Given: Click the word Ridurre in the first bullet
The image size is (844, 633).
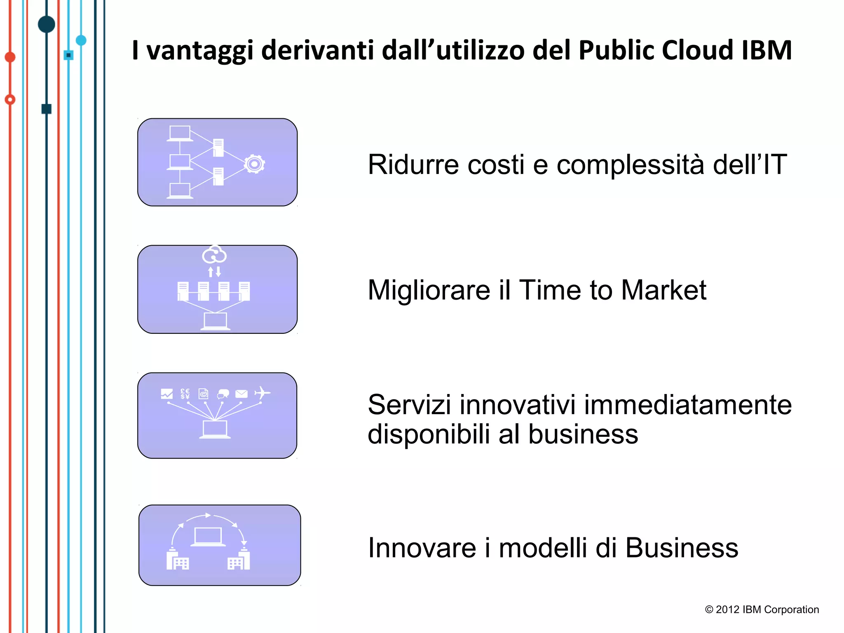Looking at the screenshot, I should [413, 164].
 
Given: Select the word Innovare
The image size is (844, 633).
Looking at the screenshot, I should [422, 548].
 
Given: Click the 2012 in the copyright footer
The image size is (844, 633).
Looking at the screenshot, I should [728, 610].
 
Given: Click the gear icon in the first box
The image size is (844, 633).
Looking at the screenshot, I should [254, 164].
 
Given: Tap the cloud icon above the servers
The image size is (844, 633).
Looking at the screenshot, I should [214, 254].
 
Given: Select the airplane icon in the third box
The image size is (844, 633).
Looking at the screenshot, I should [262, 393].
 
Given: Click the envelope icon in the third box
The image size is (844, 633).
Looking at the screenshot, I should [241, 394].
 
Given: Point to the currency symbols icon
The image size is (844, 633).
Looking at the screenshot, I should [185, 394].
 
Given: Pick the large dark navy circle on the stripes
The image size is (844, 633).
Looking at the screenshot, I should [47, 24].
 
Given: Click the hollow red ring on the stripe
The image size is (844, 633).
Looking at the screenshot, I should [10, 99].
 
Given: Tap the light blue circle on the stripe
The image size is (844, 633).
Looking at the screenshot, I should [81, 40].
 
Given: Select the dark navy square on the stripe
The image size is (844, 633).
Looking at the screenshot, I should [47, 109].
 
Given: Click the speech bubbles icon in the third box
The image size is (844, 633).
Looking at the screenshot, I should [223, 394].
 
